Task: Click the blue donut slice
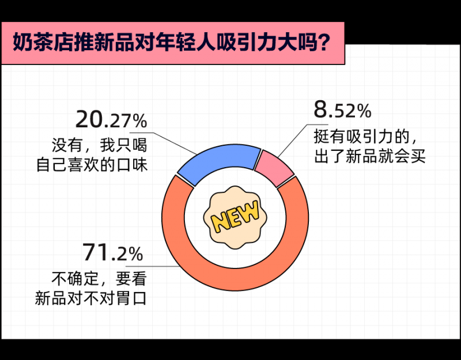[218, 160]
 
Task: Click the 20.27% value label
[111, 120]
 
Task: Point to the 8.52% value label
[342, 109]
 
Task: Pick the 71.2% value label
[112, 252]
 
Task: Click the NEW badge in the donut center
[235, 217]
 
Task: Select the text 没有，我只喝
[99, 145]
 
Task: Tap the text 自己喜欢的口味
[92, 165]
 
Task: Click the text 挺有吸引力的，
[365, 137]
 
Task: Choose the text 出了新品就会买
[370, 156]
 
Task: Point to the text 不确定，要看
[99, 279]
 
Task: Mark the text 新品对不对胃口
[91, 298]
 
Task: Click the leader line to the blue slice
[171, 143]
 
